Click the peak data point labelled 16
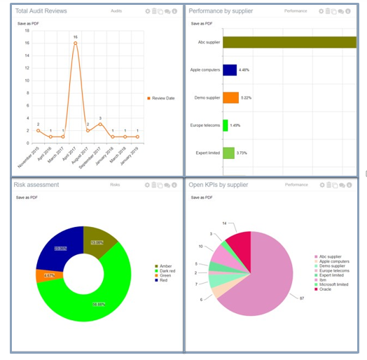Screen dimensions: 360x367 click(x=75, y=43)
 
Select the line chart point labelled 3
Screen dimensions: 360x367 click(x=100, y=124)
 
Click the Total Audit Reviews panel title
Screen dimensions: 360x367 click(x=43, y=11)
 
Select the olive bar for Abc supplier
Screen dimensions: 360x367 click(x=290, y=42)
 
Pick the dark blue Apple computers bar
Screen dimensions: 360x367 click(x=229, y=69)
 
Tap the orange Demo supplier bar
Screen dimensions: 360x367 click(x=230, y=97)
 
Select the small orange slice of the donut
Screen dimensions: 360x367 click(x=48, y=275)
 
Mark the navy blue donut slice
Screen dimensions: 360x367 click(x=58, y=246)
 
